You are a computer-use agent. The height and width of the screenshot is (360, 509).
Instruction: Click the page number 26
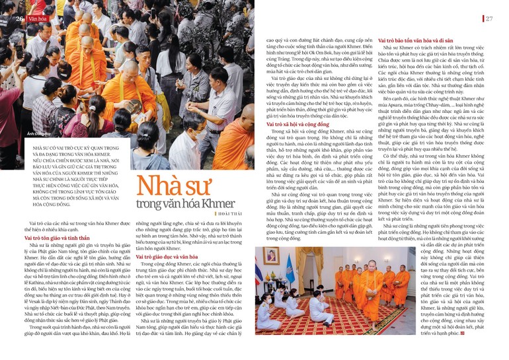[20, 18]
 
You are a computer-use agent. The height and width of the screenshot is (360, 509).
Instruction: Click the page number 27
[489, 18]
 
